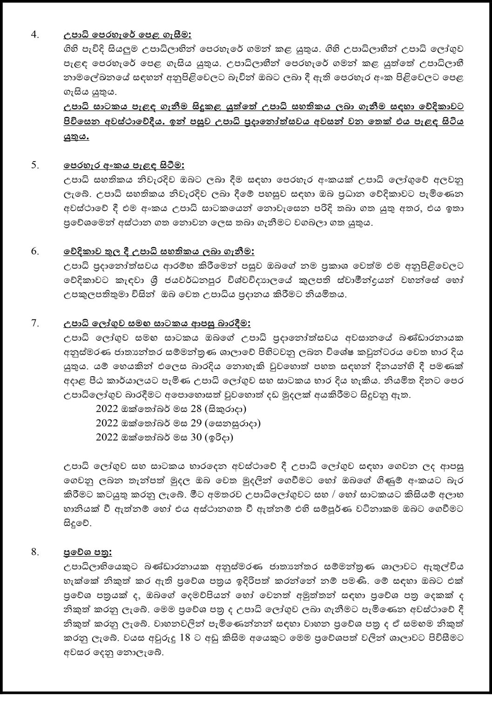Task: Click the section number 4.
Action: (x=34, y=34)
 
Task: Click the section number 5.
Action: (x=34, y=165)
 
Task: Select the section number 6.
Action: (x=34, y=251)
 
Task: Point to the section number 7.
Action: (x=34, y=323)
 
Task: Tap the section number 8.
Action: (x=34, y=552)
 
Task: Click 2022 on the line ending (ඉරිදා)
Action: (x=107, y=438)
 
